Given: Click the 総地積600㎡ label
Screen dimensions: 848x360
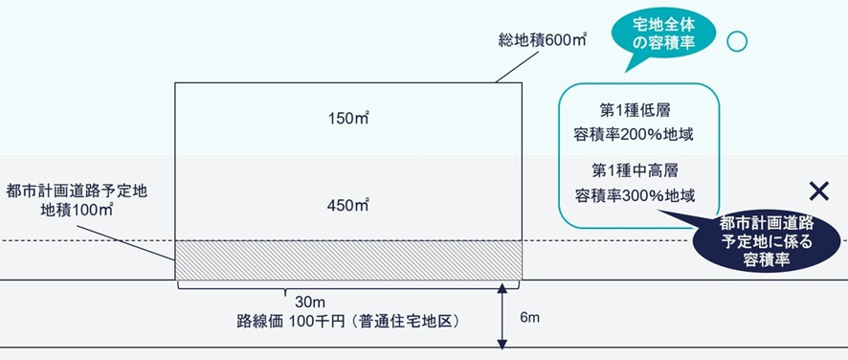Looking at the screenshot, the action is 542,41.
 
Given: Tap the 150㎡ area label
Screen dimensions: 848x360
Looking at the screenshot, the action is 348,119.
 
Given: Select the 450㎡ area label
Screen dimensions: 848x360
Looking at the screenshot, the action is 348,205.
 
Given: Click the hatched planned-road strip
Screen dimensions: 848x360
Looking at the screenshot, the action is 348,259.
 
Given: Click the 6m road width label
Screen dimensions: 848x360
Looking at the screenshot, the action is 528,315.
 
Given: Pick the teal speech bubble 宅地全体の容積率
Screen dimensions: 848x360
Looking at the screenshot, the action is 663,36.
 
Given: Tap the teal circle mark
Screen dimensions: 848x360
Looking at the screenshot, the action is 737,41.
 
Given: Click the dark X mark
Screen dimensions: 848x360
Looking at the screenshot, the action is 818,191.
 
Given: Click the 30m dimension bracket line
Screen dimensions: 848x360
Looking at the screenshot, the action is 348,283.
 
